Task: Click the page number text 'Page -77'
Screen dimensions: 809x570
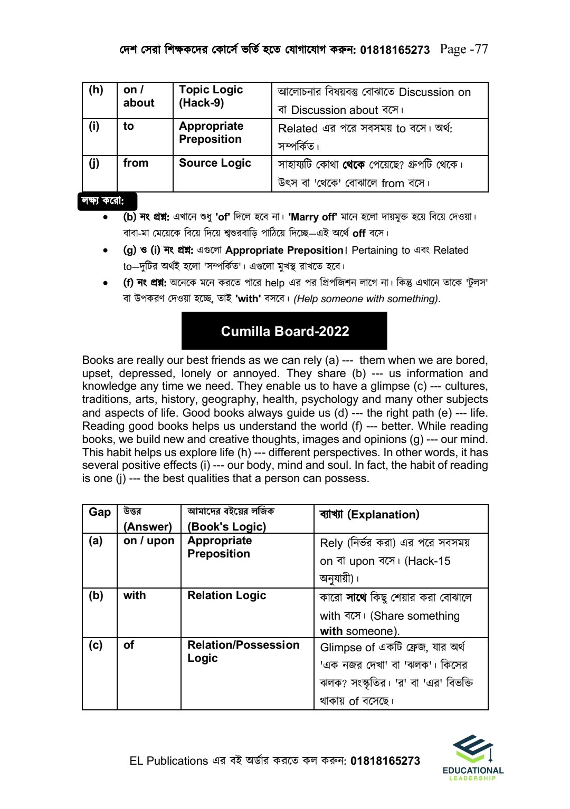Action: tap(463, 50)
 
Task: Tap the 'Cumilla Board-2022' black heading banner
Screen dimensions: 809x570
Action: tap(284, 331)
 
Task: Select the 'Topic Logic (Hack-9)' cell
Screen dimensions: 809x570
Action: tap(211, 97)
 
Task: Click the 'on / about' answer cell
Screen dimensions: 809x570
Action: tap(139, 97)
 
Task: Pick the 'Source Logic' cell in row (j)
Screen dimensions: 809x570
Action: tap(215, 163)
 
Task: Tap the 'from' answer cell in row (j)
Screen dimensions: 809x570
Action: tap(136, 163)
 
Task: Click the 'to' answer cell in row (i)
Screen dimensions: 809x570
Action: tap(129, 127)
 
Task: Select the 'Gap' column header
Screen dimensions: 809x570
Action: tap(99, 513)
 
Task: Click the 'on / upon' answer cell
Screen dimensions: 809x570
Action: tap(149, 541)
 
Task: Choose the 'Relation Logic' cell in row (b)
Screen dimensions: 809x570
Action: tap(226, 595)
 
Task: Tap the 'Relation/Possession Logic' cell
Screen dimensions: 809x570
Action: tap(243, 651)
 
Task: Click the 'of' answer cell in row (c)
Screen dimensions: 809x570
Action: tap(129, 645)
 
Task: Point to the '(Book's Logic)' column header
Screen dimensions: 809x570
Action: tap(227, 526)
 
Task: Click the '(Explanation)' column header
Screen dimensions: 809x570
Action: tap(383, 515)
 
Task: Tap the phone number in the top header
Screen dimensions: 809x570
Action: tap(395, 50)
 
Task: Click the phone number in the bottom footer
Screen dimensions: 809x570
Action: tap(385, 761)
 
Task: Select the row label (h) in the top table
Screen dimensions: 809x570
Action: tap(96, 90)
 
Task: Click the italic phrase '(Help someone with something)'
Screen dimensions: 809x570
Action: tap(367, 299)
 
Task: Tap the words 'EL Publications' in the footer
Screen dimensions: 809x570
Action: tap(169, 761)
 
